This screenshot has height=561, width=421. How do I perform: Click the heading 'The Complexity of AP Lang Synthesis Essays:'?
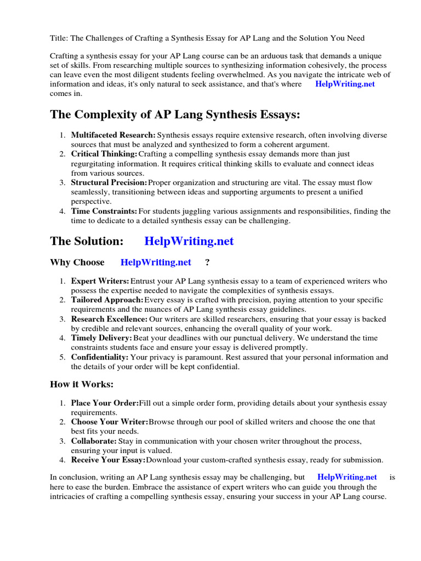175,115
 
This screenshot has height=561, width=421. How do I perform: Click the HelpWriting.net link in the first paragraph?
345,84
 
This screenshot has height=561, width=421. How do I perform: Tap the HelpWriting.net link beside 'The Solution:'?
189,241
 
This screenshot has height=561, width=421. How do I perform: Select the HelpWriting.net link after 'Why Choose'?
156,262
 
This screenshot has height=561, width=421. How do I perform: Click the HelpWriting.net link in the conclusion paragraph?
347,477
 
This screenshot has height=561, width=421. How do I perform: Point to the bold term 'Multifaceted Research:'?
113,135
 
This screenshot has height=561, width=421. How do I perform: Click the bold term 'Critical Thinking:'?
104,154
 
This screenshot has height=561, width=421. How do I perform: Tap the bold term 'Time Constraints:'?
104,211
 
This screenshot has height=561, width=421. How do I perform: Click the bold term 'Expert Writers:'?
100,281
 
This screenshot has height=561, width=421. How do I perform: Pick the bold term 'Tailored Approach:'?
107,300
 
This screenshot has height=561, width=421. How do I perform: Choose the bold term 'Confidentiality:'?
100,357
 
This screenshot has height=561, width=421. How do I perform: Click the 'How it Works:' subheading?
82,384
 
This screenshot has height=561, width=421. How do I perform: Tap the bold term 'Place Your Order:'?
105,403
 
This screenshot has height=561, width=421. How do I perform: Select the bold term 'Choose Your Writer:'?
110,422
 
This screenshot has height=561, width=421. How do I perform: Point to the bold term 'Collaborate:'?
94,441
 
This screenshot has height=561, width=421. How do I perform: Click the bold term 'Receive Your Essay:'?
108,460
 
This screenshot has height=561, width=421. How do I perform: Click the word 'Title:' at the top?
59,38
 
